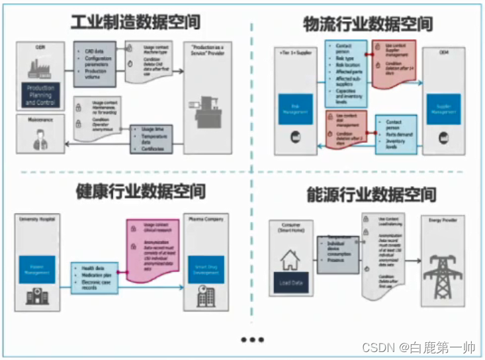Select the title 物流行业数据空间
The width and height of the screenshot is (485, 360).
[369, 24]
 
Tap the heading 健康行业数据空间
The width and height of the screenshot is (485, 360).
[139, 191]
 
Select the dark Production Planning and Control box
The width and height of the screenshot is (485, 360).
[40, 95]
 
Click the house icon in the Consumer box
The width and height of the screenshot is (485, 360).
[290, 260]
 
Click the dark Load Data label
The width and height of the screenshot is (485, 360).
[290, 284]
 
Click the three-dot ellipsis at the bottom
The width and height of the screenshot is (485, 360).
[252, 339]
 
